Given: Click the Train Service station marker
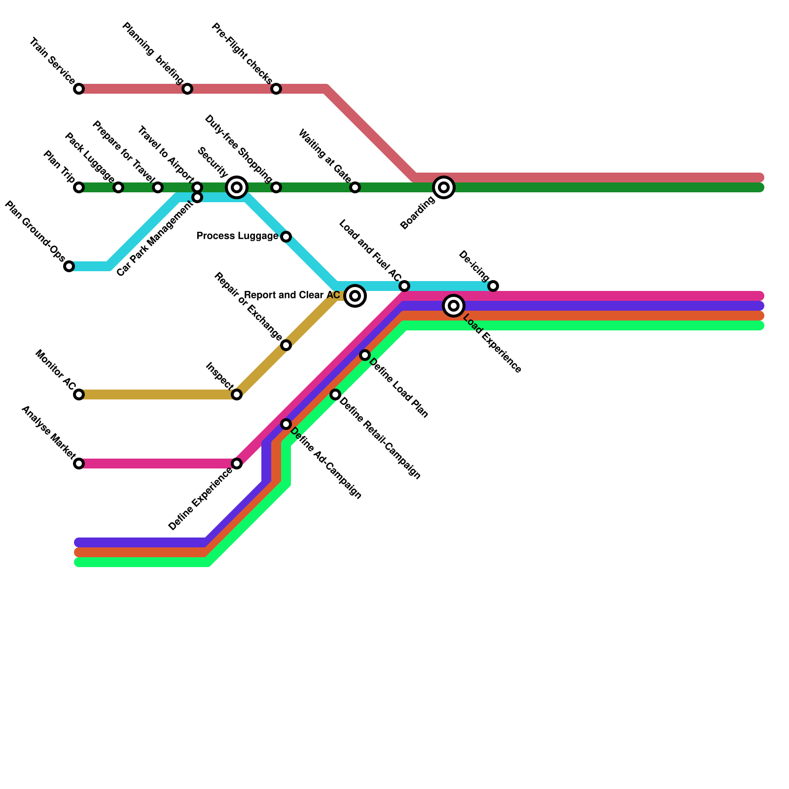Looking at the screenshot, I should click(x=79, y=89).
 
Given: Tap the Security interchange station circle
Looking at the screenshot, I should click(x=237, y=187).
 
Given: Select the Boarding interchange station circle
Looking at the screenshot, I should click(x=444, y=187).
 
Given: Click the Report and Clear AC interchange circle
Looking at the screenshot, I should click(x=355, y=296).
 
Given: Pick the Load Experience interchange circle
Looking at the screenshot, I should click(x=454, y=306).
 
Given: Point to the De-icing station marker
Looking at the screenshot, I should click(x=493, y=286).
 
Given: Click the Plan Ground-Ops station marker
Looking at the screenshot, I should click(x=69, y=266).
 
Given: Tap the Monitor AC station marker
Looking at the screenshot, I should click(x=79, y=394).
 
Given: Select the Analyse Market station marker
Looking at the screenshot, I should click(x=79, y=464).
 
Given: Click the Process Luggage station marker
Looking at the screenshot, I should click(x=286, y=237).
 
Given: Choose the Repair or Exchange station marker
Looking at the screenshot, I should click(x=286, y=345).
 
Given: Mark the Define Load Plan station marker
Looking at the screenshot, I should click(x=365, y=355).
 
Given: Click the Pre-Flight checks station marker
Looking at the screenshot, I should click(x=276, y=89).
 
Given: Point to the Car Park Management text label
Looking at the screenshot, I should click(x=155, y=239).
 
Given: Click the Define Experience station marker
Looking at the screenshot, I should click(x=237, y=464).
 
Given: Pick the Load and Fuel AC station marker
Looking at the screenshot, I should click(x=404, y=286).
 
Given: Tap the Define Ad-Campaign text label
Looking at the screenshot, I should click(x=326, y=464).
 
